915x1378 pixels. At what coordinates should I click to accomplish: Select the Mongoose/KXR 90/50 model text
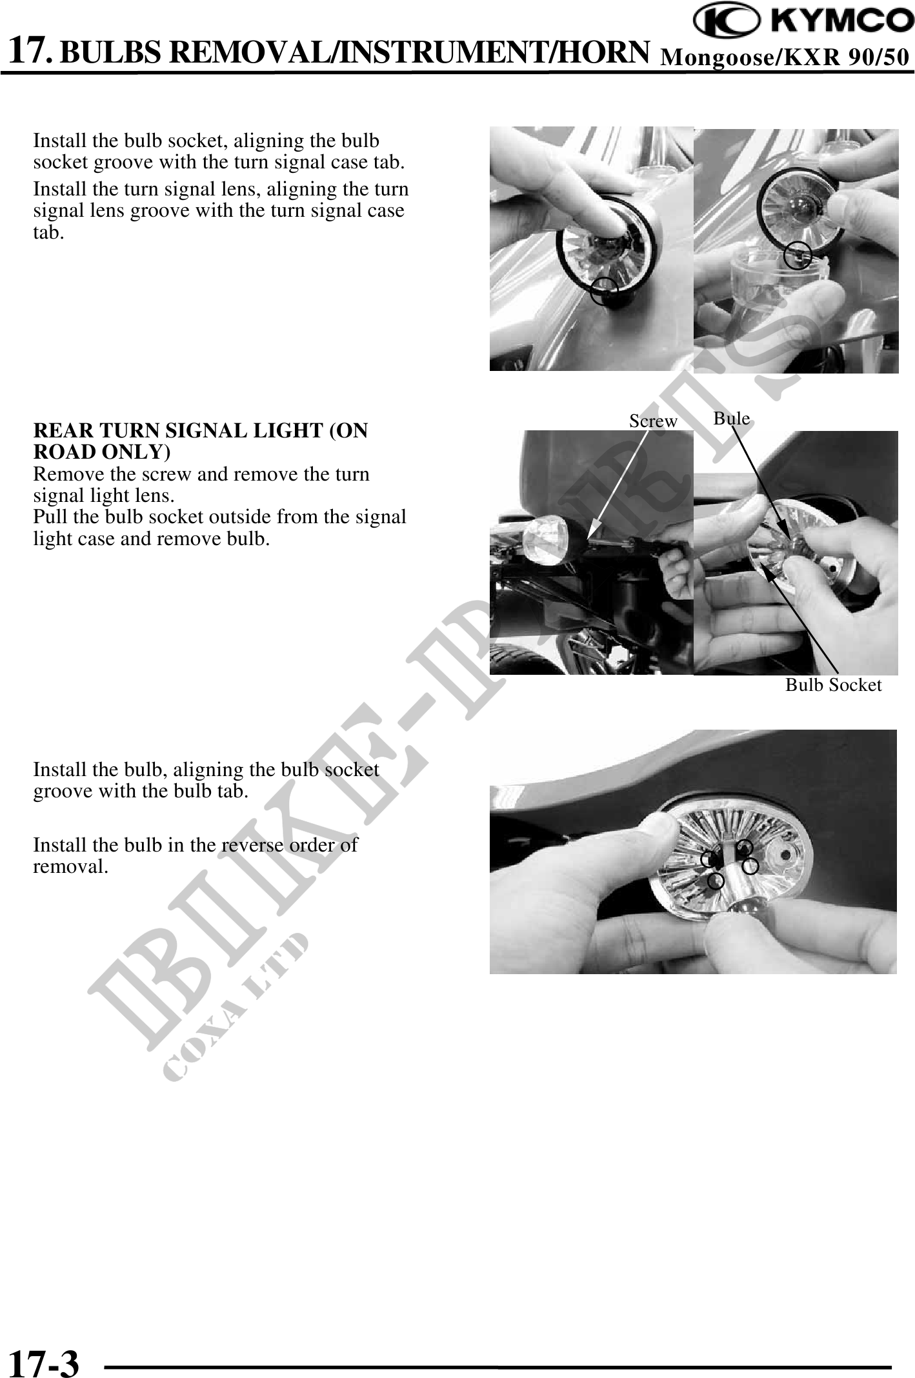tap(786, 57)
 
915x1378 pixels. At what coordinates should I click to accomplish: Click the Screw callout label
tap(653, 421)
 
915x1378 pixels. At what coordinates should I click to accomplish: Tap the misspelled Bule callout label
tap(732, 418)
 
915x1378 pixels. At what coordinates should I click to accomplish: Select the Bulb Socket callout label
tap(833, 684)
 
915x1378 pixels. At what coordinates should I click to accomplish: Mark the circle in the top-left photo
tap(604, 291)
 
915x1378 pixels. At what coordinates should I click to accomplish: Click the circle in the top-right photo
tap(798, 254)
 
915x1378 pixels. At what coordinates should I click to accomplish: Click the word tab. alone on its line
tap(48, 232)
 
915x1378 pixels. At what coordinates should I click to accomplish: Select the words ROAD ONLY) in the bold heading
tap(102, 453)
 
